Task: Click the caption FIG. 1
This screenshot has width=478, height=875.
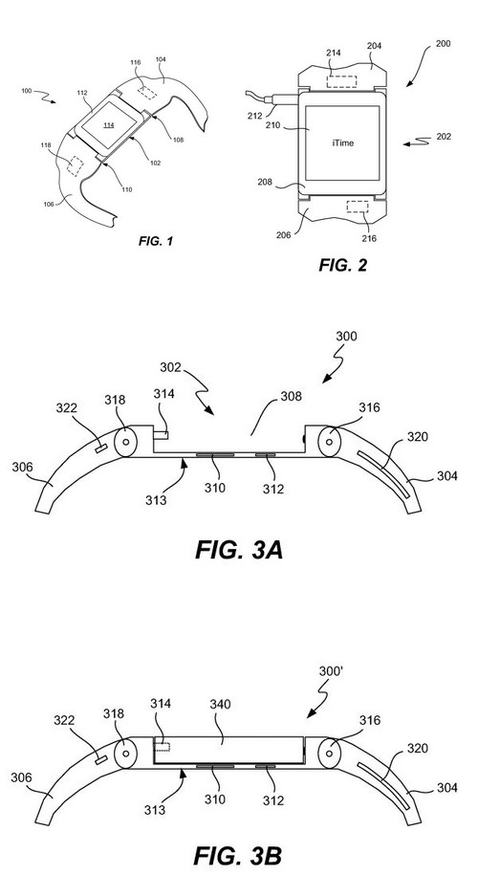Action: coord(156,241)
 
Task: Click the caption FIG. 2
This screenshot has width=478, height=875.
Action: coord(343,265)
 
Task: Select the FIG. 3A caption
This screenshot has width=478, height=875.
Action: coord(239,550)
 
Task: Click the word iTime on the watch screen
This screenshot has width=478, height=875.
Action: coord(342,143)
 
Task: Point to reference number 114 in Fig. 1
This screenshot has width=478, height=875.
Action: coord(109,125)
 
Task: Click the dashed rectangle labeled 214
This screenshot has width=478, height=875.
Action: coord(342,81)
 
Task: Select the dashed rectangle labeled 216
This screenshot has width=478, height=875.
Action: coord(357,207)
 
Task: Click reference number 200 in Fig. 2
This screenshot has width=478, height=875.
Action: coord(443,44)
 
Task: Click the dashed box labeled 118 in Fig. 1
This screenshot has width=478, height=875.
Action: coord(75,165)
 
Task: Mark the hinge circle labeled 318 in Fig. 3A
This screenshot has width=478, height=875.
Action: coord(125,442)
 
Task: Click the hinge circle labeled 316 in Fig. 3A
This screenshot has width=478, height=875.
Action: coord(330,442)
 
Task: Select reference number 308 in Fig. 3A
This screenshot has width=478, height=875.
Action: coord(292,397)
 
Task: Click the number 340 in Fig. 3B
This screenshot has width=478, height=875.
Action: coord(218,706)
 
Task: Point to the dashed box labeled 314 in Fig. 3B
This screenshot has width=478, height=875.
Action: coord(163,747)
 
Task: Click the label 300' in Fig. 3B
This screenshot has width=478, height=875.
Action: coord(330,670)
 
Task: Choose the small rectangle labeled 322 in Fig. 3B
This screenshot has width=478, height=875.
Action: coord(102,759)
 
